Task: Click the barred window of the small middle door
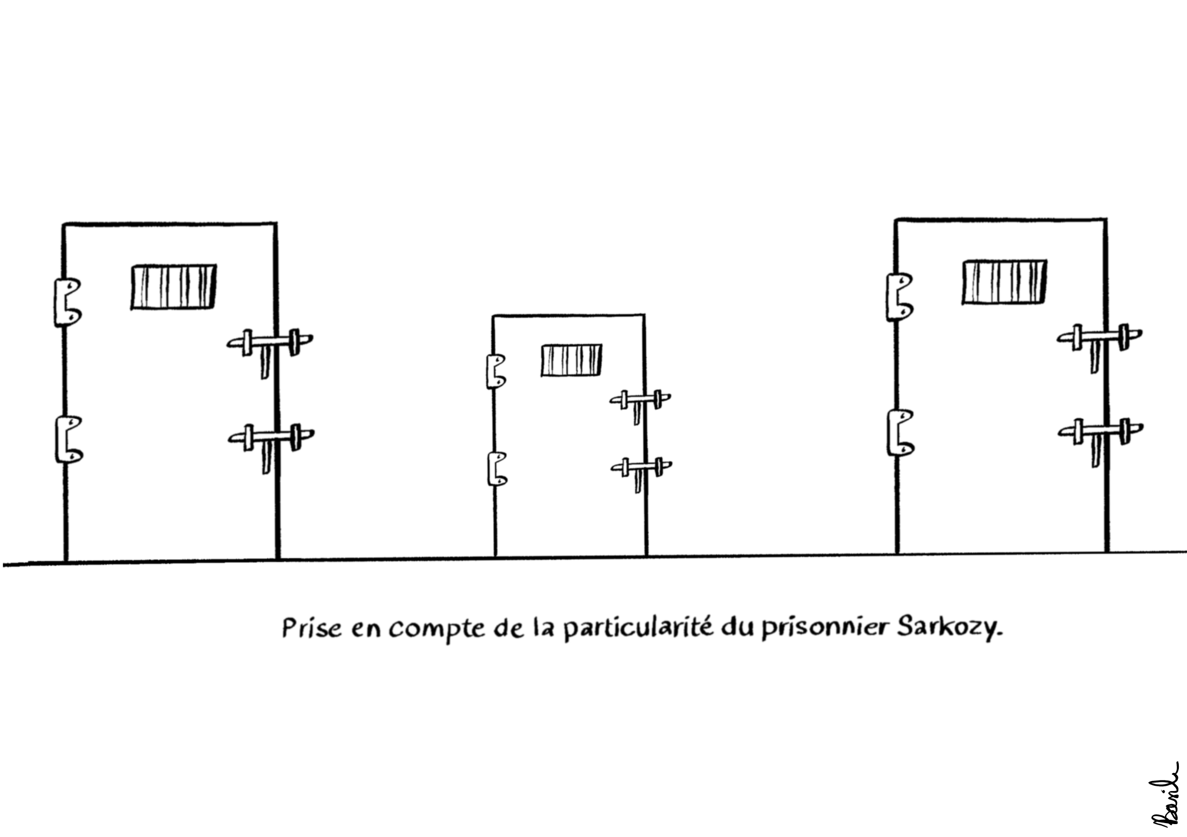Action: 571,360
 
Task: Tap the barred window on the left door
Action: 173,287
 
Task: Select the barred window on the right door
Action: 1004,282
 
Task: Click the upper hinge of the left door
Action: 67,302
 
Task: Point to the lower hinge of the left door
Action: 68,439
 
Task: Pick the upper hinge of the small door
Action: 496,371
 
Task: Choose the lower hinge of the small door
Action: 497,469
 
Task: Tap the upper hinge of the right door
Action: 899,297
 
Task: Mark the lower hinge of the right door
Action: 900,433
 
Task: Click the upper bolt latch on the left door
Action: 270,342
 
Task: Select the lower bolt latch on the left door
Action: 271,437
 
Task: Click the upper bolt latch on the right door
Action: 1099,337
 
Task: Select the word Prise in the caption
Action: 312,629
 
